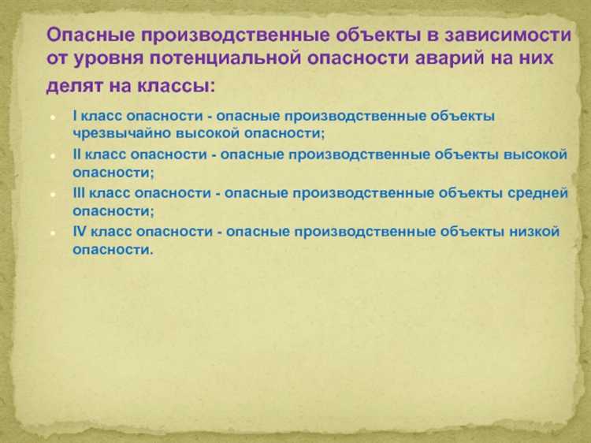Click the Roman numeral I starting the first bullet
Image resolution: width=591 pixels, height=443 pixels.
[x=74, y=116]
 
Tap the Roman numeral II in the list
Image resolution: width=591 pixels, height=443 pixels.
[x=76, y=154]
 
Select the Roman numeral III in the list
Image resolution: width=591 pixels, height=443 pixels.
[x=79, y=192]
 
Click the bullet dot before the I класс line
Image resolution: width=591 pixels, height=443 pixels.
[x=51, y=117]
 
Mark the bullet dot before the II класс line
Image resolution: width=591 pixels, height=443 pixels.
[x=51, y=155]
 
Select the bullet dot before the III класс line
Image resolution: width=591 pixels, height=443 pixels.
[x=51, y=194]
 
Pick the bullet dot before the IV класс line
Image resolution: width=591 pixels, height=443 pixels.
[x=51, y=232]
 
